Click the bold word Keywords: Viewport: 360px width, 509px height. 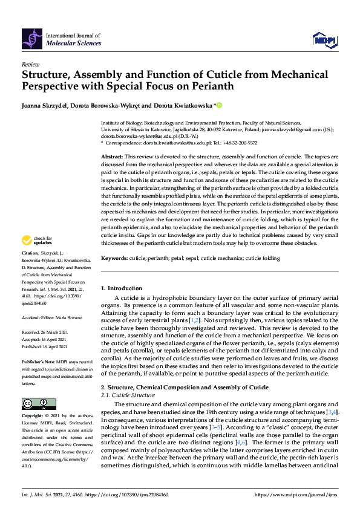click(114, 258)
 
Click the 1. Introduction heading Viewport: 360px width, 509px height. click(122, 288)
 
